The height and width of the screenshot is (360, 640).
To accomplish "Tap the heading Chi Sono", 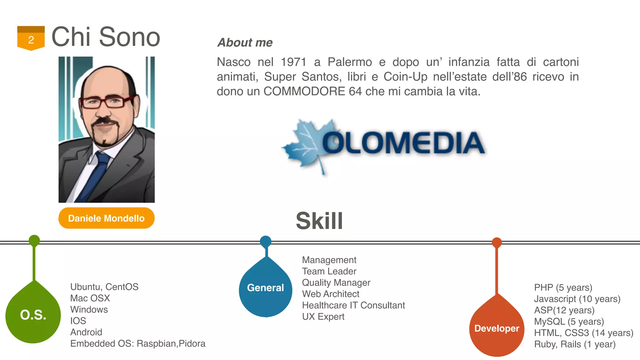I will [x=106, y=37].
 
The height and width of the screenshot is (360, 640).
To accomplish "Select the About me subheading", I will [x=245, y=42].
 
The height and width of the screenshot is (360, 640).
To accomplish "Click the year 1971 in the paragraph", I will [x=293, y=62].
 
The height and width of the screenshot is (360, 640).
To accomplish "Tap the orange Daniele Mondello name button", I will [x=106, y=218].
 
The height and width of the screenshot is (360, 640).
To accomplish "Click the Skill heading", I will [x=319, y=221].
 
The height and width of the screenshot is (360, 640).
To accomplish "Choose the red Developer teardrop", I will [x=497, y=328].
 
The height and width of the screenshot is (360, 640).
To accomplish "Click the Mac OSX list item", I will [x=90, y=298].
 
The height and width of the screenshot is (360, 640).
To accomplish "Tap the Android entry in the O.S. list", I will [x=86, y=332].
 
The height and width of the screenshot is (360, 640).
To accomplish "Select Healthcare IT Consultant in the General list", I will [x=353, y=305].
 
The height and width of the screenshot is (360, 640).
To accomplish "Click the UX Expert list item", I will [x=323, y=317].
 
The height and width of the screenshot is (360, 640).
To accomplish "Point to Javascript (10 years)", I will [x=577, y=299].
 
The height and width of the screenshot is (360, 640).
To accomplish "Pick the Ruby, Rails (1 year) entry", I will [x=575, y=344].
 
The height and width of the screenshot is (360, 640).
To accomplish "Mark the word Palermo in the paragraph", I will [x=350, y=62].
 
